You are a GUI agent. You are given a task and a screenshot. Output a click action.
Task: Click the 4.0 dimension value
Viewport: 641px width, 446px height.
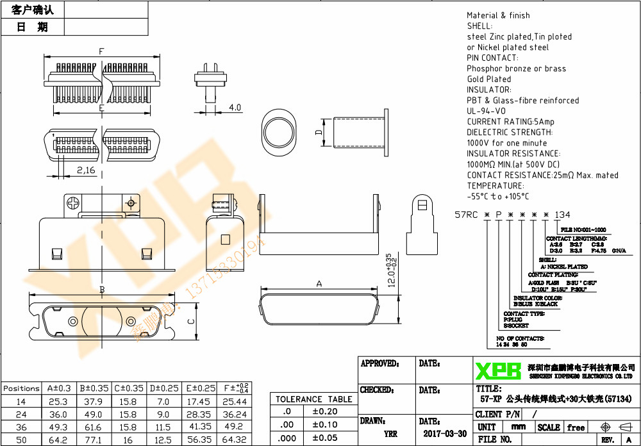pyautogui.click(x=235, y=108)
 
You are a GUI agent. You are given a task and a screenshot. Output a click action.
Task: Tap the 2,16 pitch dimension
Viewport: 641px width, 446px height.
pyautogui.click(x=85, y=170)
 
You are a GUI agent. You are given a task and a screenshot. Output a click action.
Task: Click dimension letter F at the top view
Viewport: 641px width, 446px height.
pyautogui.click(x=101, y=51)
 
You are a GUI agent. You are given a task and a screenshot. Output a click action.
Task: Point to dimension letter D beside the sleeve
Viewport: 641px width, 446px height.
pyautogui.click(x=318, y=133)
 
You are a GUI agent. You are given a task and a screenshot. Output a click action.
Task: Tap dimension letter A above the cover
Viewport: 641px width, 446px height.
pyautogui.click(x=319, y=283)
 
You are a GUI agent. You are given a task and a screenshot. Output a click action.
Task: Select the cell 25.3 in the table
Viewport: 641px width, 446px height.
pyautogui.click(x=58, y=401)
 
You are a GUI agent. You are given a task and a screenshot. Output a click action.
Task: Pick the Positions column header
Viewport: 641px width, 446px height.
pyautogui.click(x=21, y=388)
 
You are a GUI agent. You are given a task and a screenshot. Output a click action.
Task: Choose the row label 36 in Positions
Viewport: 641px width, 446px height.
pyautogui.click(x=21, y=427)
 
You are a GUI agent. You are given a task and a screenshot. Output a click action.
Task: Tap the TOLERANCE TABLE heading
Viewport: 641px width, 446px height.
pyautogui.click(x=313, y=399)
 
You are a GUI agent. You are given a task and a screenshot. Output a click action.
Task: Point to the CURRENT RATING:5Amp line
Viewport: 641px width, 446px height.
pyautogui.click(x=510, y=122)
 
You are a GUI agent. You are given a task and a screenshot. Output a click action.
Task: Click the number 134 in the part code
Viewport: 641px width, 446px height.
pyautogui.click(x=562, y=215)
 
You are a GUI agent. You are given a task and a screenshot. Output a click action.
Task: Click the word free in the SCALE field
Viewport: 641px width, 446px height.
pyautogui.click(x=576, y=427)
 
